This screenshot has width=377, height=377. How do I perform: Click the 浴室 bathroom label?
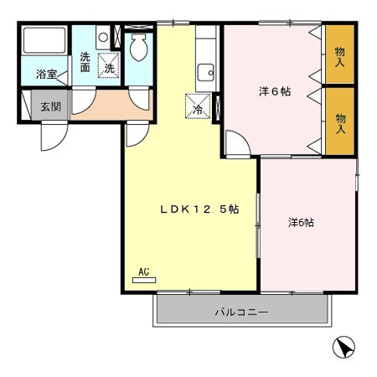[46, 75]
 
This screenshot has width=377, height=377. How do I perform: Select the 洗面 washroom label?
[85, 62]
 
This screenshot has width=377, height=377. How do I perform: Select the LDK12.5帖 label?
[200, 210]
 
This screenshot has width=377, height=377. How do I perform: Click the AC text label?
[143, 271]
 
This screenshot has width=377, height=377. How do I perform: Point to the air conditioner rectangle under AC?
[143, 280]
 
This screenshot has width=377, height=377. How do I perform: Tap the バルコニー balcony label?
[241, 312]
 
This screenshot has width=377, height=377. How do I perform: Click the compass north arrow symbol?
[343, 346]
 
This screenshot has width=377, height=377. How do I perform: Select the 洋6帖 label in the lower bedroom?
[302, 222]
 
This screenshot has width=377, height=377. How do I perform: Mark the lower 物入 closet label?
[340, 124]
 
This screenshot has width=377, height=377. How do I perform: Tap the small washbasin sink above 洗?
[102, 38]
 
